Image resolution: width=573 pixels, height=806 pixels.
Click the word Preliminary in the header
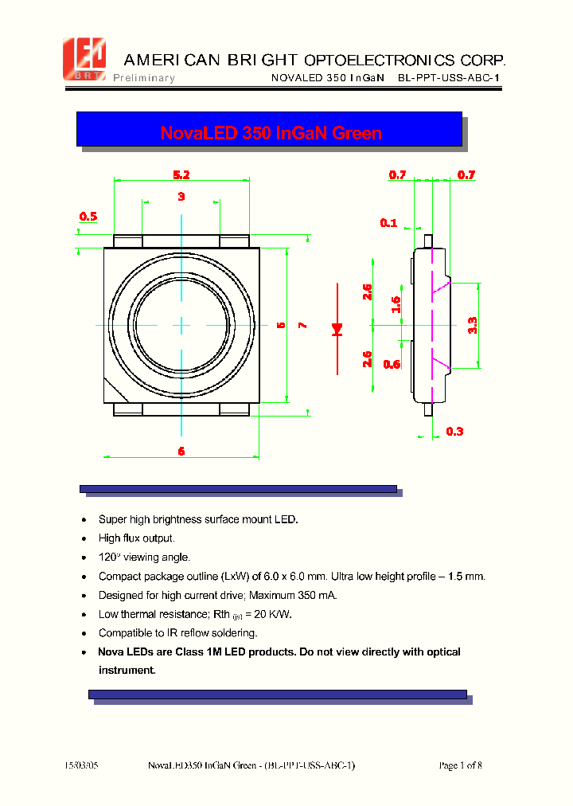144,78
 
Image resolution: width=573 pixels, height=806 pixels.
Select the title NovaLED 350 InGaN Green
271,133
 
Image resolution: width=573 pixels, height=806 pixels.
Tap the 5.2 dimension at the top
181,174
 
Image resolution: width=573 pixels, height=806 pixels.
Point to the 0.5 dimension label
88,216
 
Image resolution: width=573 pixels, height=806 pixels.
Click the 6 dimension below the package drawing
181,451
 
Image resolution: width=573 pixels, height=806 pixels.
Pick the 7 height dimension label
302,325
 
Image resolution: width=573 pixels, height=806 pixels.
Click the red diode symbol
337,327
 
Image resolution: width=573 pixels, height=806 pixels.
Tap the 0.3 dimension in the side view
454,432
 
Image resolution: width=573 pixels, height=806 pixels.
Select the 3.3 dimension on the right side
472,325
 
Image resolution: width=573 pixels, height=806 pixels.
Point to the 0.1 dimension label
388,223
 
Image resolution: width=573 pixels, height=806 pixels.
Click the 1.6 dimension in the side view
396,304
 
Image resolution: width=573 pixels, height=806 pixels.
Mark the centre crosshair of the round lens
181,325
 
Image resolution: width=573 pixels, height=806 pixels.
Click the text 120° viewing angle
144,558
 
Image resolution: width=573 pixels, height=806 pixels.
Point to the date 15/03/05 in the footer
82,765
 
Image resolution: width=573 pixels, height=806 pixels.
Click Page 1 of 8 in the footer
460,765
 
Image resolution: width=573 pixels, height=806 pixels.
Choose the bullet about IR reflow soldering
177,633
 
